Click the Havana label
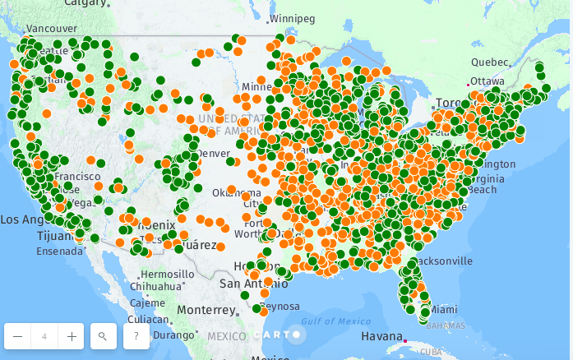pos(381,337)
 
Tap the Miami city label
pos(443,310)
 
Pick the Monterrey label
pos(206,310)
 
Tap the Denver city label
pos(213,154)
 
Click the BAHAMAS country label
pos(446,325)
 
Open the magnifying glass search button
pos(103,336)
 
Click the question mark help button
pos(136,336)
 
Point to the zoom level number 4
pos(44,336)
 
